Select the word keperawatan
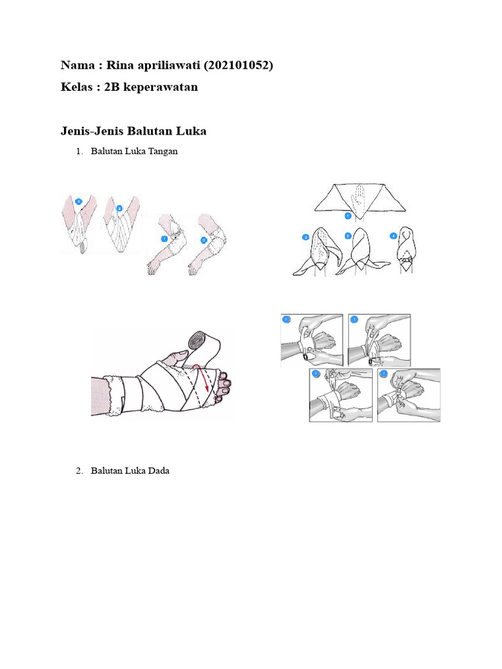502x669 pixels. pos(161,87)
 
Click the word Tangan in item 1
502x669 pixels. pos(162,152)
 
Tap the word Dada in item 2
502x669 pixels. pos(158,470)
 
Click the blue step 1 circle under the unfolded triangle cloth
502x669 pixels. pos(348,215)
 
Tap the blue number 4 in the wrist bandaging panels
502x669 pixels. pos(384,374)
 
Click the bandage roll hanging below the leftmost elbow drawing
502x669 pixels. pos(81,248)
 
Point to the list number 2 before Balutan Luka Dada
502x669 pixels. pos(78,470)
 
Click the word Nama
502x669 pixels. pos(76,65)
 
